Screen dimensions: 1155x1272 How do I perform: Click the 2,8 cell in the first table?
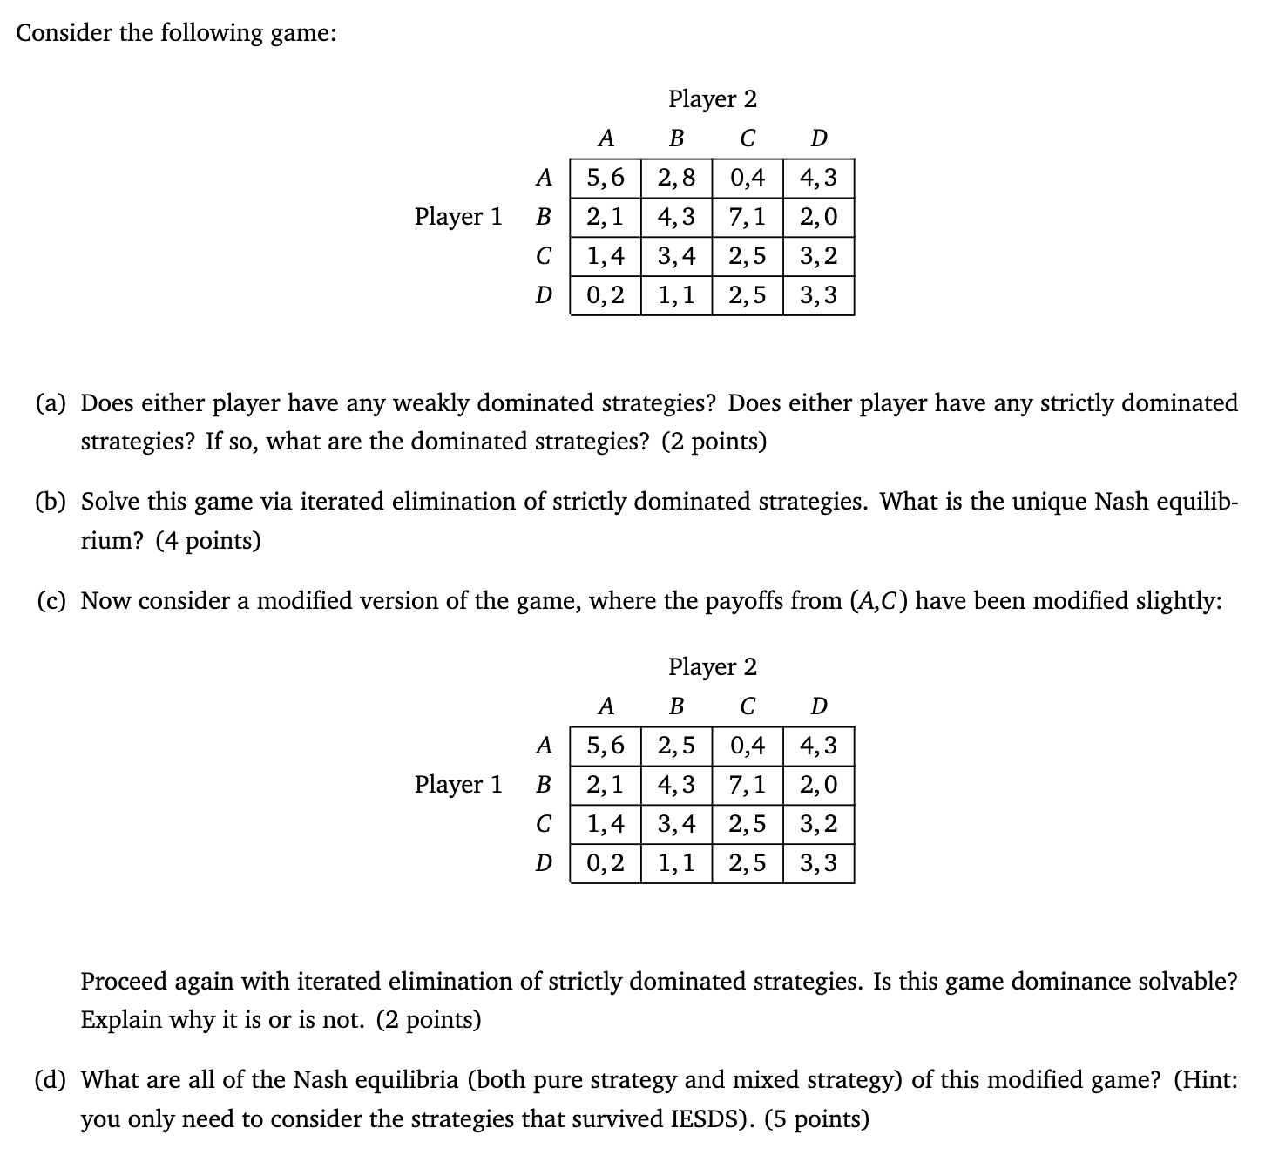click(x=676, y=178)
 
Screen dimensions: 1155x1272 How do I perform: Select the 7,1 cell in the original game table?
click(x=748, y=217)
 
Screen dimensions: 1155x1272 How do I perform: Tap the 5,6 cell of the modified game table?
click(x=606, y=746)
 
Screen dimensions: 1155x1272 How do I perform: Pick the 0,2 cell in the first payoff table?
click(x=606, y=295)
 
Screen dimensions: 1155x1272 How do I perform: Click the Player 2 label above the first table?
click(x=713, y=99)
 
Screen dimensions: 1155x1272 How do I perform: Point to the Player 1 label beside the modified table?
click(x=458, y=785)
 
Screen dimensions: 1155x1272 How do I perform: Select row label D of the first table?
click(x=544, y=295)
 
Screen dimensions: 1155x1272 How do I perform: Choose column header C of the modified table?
click(x=748, y=706)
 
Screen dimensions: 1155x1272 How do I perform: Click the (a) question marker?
click(x=53, y=403)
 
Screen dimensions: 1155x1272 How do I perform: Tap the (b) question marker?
click(x=53, y=502)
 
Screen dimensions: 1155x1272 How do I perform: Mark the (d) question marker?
click(x=53, y=1080)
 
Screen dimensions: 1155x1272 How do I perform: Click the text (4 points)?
click(x=208, y=541)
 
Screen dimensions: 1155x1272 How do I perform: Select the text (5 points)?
click(x=816, y=1118)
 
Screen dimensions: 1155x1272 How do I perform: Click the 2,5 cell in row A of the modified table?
click(x=676, y=746)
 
